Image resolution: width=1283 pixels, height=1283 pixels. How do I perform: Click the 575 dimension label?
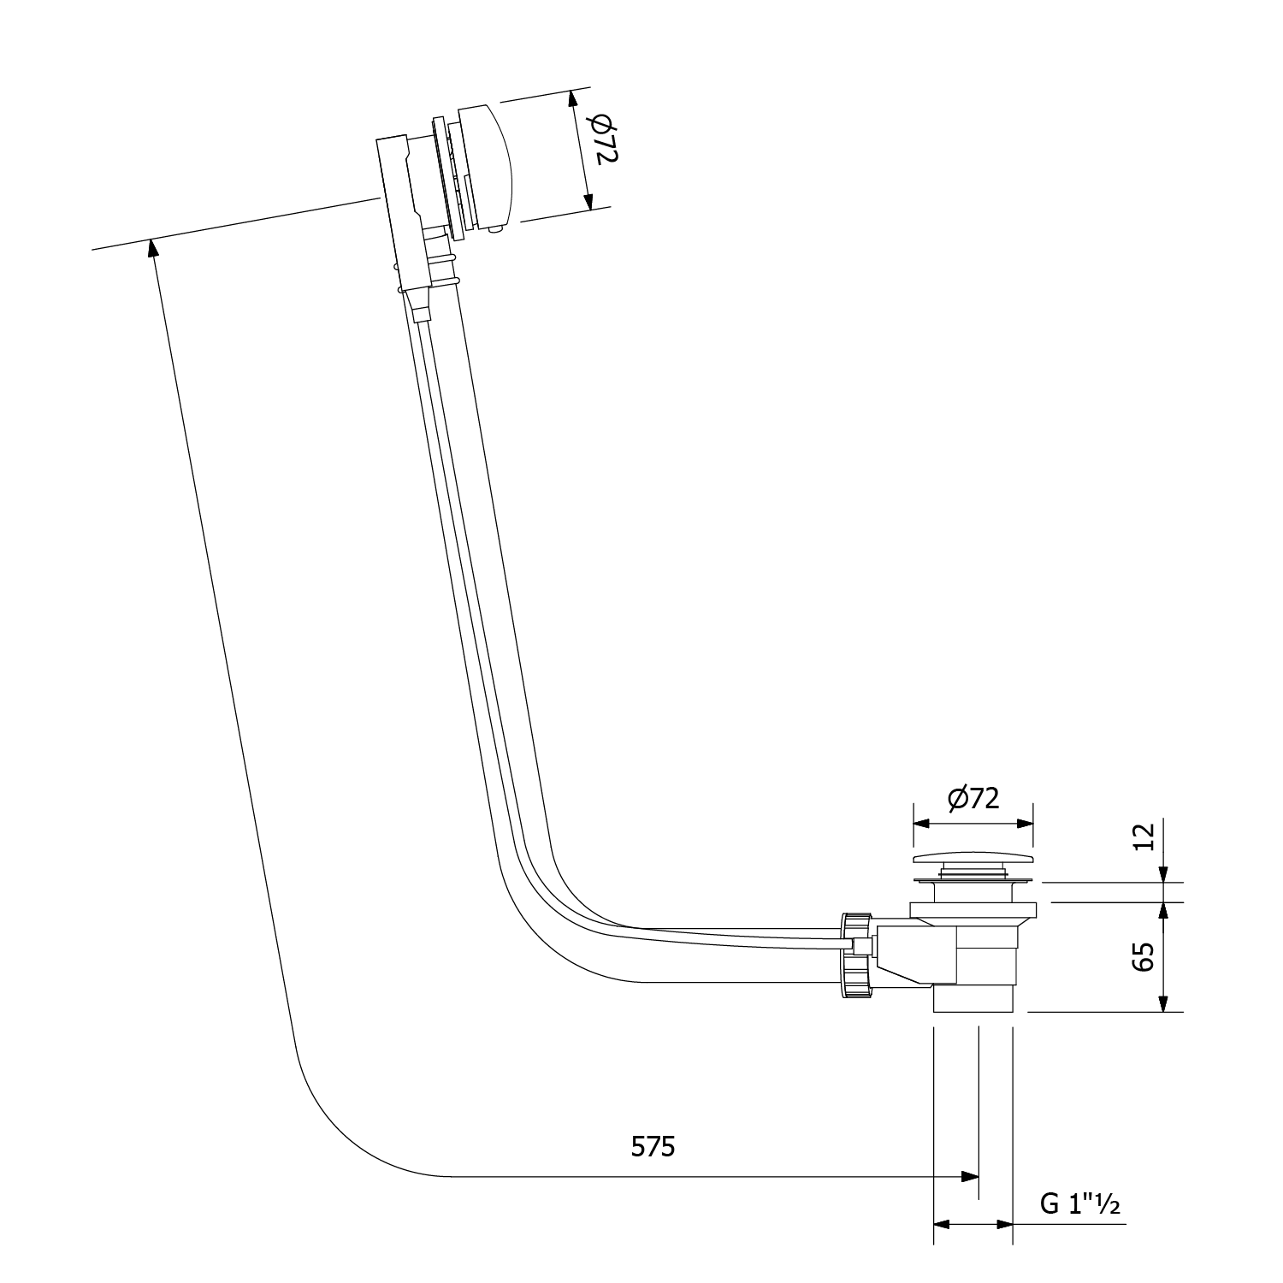coord(653,1145)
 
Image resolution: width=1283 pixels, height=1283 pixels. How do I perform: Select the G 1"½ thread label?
coord(1080,1203)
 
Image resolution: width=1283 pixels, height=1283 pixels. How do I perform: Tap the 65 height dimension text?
coord(1144,956)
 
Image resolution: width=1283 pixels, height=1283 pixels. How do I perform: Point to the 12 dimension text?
coord(1144,836)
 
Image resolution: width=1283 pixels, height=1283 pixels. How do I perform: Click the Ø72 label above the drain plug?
coord(973,798)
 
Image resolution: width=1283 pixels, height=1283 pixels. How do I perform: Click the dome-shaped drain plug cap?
coord(973,859)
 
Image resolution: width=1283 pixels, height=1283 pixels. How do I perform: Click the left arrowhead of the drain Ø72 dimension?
coord(923,824)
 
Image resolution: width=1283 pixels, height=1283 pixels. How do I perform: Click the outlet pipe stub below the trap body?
coord(973,999)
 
